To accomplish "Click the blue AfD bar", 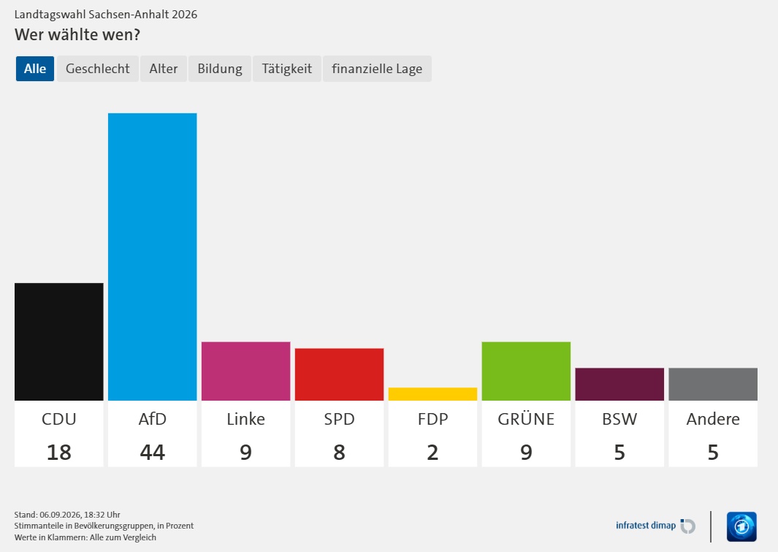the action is tap(153, 257).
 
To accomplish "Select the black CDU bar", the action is tap(59, 341).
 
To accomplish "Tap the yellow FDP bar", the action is tap(432, 394).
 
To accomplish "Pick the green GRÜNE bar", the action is tap(526, 371).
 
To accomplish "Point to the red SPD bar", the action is tap(340, 374).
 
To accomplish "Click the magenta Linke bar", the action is tap(245, 371).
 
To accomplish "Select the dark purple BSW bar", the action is tap(619, 385).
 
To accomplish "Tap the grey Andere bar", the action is tap(713, 385).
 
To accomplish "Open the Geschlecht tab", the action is tap(98, 69).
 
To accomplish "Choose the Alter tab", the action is tap(163, 69).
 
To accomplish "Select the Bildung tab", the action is tap(220, 69).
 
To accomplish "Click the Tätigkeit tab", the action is tap(287, 69).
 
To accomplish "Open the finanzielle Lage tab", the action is tap(377, 69).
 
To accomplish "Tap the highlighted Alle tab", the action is tap(35, 69).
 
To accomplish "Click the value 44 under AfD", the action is tap(153, 453).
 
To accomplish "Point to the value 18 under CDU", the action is tap(59, 453).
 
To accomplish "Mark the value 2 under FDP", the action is tap(432, 453).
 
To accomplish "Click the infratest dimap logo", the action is tap(655, 526).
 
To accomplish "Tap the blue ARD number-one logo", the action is tap(741, 526).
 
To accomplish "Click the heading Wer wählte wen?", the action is tap(77, 35).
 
